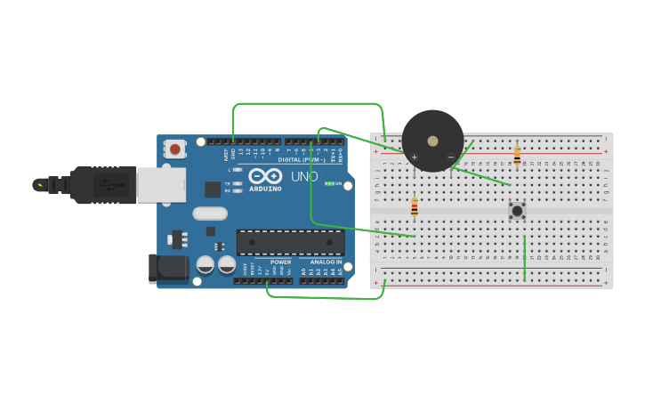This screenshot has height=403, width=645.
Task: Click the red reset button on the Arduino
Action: (175, 149)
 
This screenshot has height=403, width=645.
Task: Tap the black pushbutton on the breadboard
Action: (517, 211)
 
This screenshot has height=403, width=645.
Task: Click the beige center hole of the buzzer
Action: (432, 141)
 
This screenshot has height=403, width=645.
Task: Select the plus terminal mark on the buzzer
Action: (414, 157)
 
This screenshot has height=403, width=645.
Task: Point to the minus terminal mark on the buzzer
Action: (450, 157)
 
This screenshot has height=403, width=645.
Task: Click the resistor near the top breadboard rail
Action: (517, 156)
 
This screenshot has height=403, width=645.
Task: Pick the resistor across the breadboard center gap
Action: (414, 207)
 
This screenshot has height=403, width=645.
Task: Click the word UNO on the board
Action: (304, 176)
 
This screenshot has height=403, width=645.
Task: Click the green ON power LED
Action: (330, 183)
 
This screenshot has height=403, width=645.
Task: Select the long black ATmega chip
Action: (290, 242)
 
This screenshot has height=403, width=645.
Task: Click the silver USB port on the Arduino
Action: (161, 185)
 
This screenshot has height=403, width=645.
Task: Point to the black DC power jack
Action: (168, 268)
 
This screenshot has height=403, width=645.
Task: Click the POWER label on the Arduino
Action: (280, 262)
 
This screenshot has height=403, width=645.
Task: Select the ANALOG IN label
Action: (325, 262)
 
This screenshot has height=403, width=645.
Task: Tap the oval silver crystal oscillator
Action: (210, 214)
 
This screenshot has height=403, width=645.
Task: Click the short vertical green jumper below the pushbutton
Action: (525, 258)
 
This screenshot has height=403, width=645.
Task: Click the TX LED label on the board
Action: (228, 183)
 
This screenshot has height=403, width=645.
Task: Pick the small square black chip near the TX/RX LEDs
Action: (213, 189)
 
